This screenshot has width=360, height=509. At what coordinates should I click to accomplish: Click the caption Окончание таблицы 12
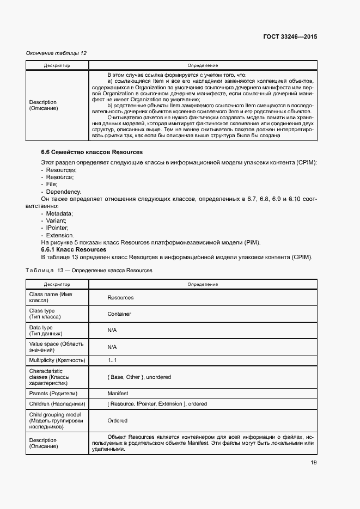56,53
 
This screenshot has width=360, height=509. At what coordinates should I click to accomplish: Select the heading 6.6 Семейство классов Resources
91,152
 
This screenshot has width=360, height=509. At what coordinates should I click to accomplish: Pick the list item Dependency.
63,192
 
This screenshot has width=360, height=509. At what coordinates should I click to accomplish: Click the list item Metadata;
59,214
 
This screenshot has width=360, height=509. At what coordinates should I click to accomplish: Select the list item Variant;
57,221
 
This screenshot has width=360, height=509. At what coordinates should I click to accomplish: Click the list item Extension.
59,235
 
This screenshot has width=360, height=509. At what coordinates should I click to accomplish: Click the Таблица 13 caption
89,271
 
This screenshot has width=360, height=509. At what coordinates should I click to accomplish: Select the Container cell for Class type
119,314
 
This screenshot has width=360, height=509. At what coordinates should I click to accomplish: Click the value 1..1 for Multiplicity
112,360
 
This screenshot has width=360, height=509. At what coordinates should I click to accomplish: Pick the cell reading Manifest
118,393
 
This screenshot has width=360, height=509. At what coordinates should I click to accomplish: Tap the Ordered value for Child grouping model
117,420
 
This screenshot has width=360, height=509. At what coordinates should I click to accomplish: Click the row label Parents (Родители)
53,393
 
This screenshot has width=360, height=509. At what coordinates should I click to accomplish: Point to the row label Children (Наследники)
57,404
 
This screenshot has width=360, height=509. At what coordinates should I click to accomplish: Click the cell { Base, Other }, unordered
139,377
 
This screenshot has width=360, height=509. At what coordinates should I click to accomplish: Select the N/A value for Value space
112,347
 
